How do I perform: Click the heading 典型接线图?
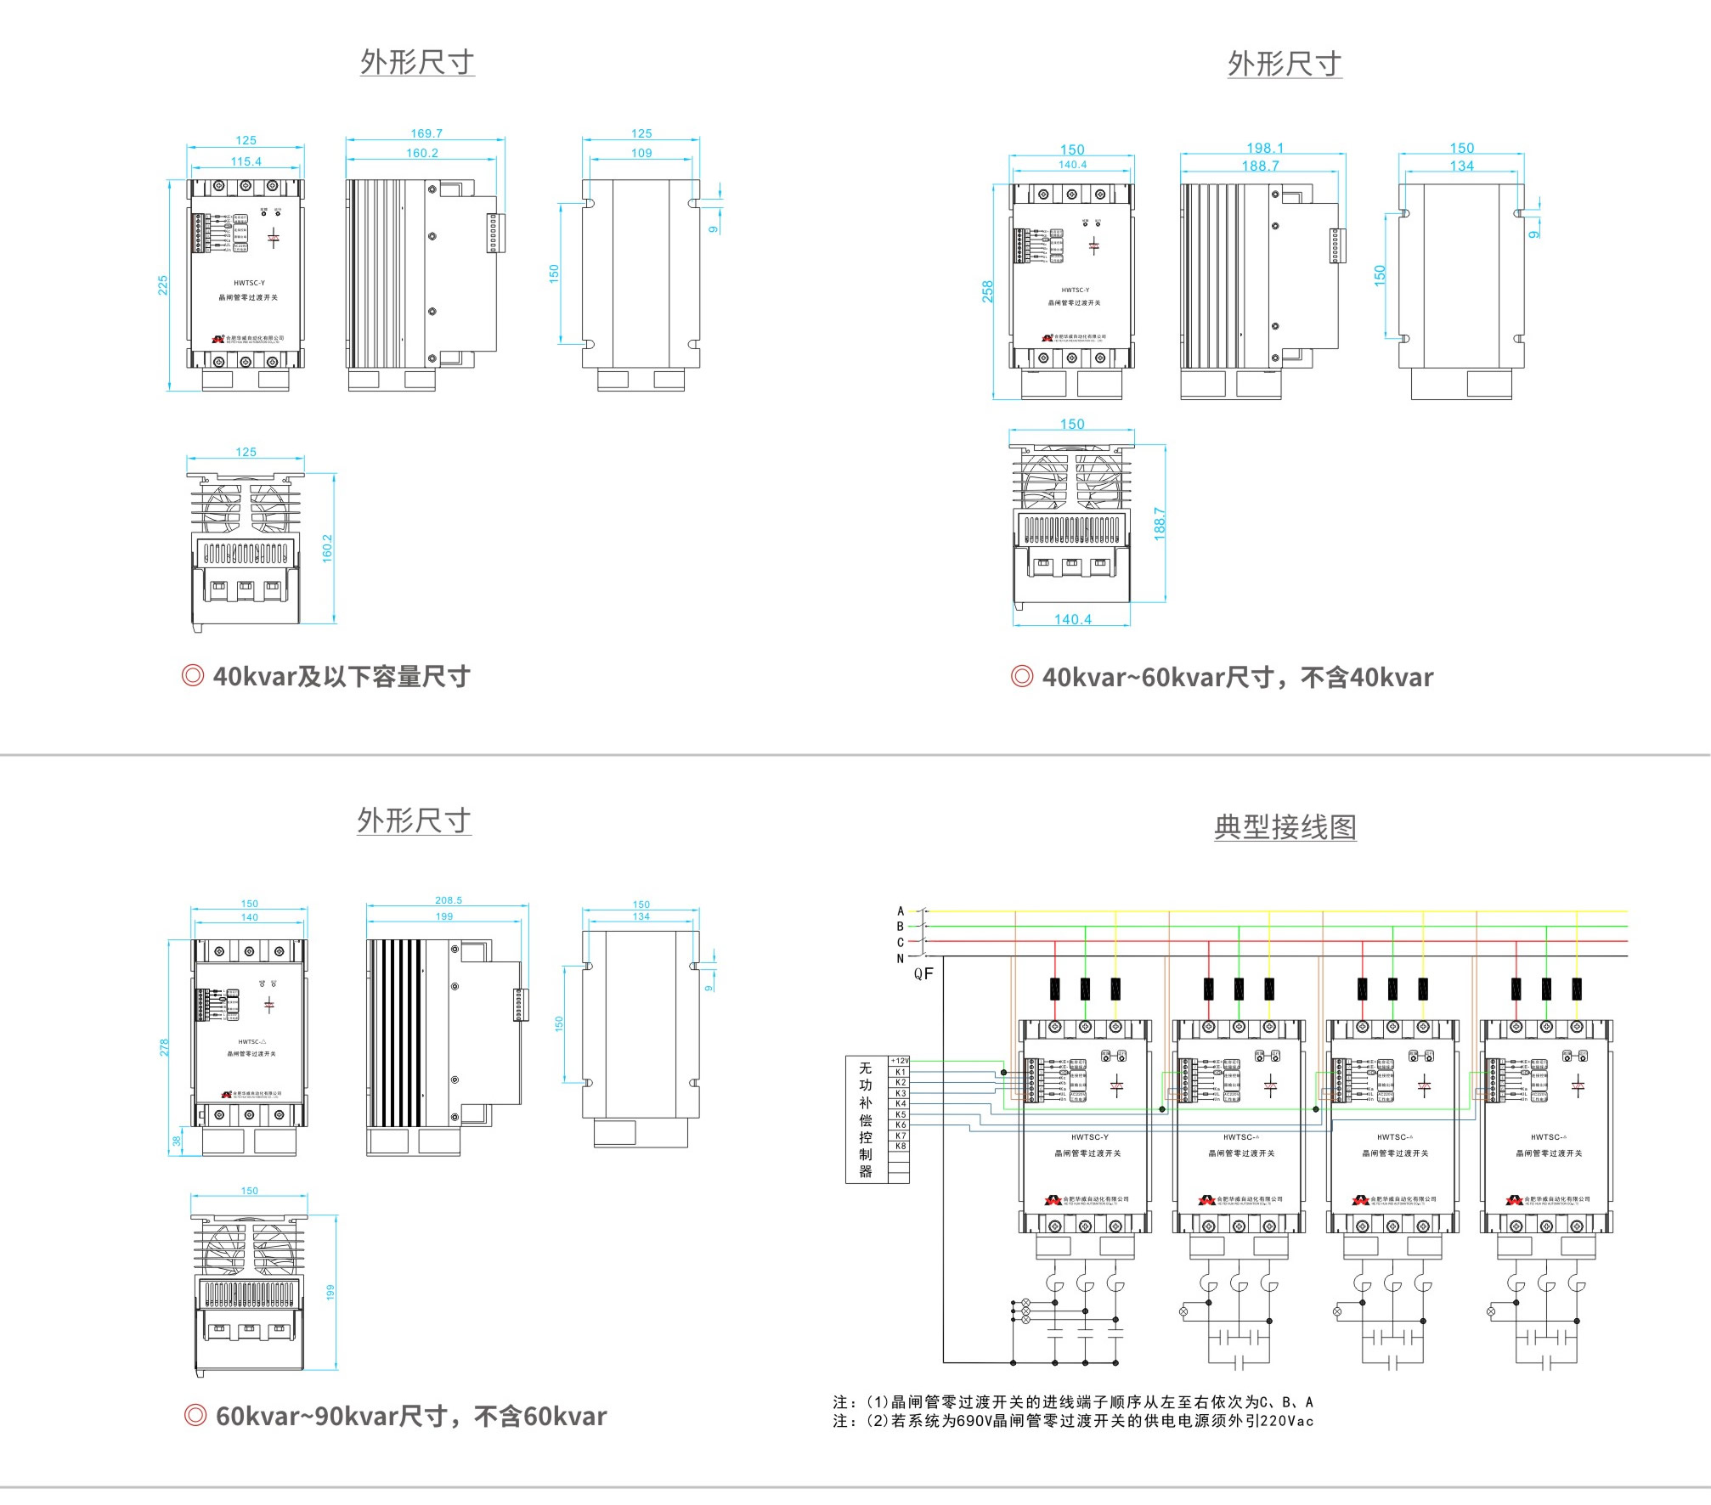[x=1285, y=826]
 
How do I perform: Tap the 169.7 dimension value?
[x=426, y=133]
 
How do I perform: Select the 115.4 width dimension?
[x=246, y=161]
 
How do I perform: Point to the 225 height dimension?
[x=162, y=285]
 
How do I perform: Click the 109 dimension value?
[x=641, y=153]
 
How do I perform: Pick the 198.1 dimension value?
[x=1265, y=148]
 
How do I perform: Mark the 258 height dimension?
[x=987, y=291]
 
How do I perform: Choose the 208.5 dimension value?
[x=449, y=900]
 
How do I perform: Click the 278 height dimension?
[x=164, y=1047]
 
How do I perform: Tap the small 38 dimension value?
[x=177, y=1141]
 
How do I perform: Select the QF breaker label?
[x=923, y=973]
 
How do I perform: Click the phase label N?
[x=901, y=959]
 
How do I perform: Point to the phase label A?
[x=901, y=911]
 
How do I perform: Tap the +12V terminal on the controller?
[x=900, y=1061]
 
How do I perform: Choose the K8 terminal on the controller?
[x=901, y=1147]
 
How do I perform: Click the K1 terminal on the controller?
[x=901, y=1072]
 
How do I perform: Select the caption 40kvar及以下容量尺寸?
[x=341, y=677]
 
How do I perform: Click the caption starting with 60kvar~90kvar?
[x=411, y=1416]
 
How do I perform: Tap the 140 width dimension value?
[x=249, y=917]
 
